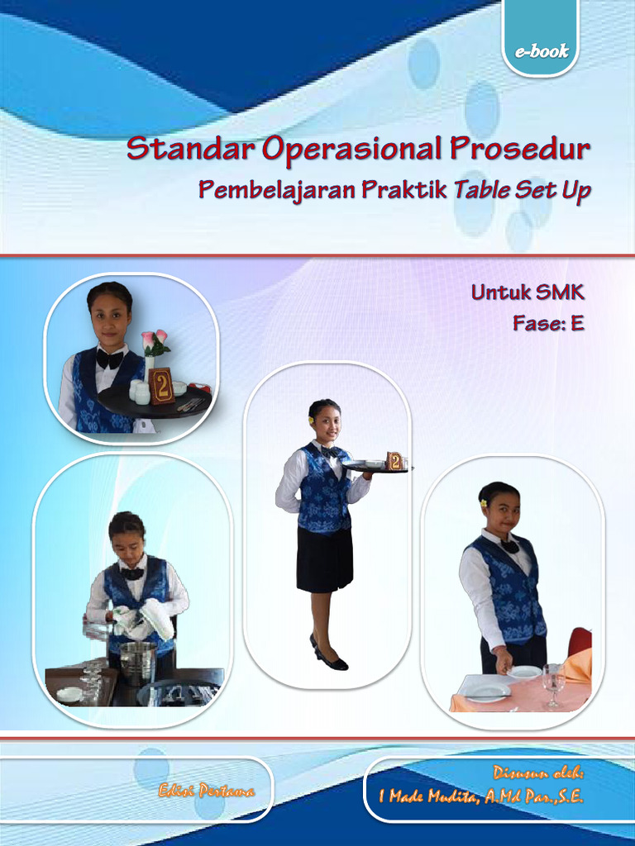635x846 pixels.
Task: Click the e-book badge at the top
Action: pos(542,51)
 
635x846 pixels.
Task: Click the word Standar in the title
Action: pos(191,150)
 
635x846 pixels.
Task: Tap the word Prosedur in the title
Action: pos(520,150)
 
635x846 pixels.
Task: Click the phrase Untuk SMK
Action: pos(528,292)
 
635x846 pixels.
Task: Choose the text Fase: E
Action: pos(548,323)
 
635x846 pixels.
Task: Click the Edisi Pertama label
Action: pos(207,791)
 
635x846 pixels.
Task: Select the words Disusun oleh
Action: pos(538,774)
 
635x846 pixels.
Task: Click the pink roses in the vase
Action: pos(155,340)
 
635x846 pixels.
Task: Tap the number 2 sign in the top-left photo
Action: pos(162,386)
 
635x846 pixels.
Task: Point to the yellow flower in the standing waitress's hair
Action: pos(312,420)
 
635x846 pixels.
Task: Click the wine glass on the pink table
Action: pos(553,682)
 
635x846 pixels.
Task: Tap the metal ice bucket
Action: pos(137,660)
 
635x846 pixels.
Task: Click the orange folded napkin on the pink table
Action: pos(579,666)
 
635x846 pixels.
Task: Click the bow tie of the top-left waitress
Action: pos(110,359)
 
